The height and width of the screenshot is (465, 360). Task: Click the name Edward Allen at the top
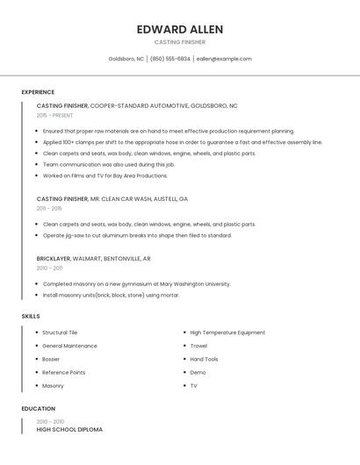pos(180,29)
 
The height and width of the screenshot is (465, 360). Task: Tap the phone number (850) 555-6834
pos(169,59)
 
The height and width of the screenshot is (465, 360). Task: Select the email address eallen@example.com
pos(224,59)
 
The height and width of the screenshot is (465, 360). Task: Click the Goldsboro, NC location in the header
pos(126,59)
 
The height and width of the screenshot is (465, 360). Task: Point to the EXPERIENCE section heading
pos(38,92)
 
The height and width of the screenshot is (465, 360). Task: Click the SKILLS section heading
pos(31,316)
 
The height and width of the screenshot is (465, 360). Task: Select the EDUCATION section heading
pos(39,409)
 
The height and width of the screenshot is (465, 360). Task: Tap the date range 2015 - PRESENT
pos(54,115)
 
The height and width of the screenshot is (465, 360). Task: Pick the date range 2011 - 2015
pos(49,208)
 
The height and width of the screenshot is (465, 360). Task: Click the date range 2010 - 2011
pos(49,268)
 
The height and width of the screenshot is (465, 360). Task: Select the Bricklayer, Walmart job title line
pos(93,259)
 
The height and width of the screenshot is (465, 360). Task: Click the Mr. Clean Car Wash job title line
pos(112,199)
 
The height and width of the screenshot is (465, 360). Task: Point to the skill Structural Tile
pos(60,333)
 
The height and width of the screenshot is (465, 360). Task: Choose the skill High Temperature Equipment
pos(227,333)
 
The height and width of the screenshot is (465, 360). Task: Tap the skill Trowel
pos(198,346)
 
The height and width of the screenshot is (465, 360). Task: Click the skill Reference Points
pos(63,372)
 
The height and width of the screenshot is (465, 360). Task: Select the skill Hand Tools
pos(204,359)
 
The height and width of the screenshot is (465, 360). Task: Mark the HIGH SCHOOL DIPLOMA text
pos(69,430)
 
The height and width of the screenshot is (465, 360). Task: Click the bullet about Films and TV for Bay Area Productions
pos(104,175)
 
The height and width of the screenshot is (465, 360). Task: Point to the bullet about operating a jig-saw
pos(137,235)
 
